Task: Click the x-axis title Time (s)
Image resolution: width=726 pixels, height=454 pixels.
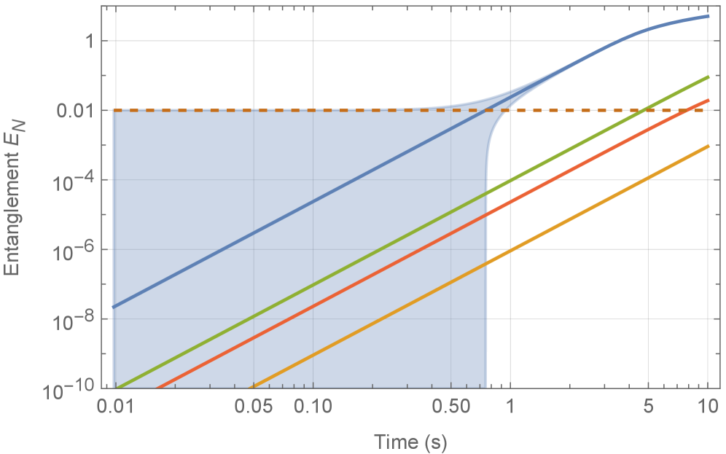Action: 410,441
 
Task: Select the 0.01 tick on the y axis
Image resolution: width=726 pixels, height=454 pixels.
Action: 81,111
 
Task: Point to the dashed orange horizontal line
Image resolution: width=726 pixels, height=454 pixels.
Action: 292,110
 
